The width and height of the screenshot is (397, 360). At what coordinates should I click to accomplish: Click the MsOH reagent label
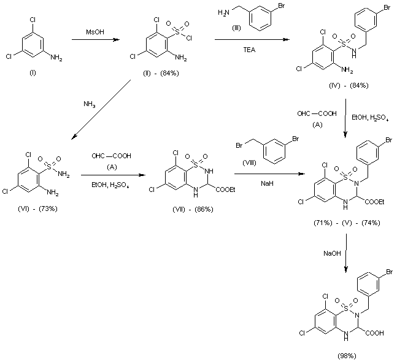[93, 32]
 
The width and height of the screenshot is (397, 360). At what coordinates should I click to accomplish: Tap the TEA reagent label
[253, 53]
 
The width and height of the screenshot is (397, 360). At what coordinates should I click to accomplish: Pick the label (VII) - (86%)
[193, 210]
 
